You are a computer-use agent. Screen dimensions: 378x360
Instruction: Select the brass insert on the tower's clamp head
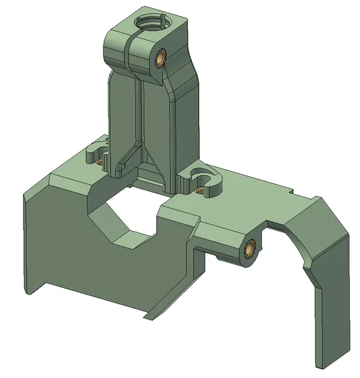[162, 59]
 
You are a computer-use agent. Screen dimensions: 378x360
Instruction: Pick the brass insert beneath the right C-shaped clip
[200, 192]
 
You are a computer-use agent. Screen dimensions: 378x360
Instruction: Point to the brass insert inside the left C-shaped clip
[100, 161]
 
